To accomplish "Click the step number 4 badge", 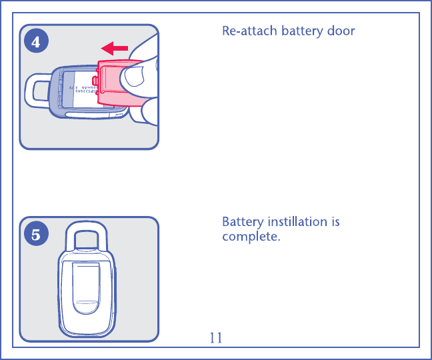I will click(x=35, y=41).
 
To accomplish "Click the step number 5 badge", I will click(x=35, y=234).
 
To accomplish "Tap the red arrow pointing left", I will click(x=114, y=48).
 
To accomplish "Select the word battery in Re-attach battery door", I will click(x=299, y=31).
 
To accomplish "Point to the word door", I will click(x=340, y=31).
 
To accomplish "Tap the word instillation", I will click(x=299, y=222).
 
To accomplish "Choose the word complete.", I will click(x=251, y=237).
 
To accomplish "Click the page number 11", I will click(x=215, y=338).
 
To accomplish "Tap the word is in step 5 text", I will click(x=335, y=222).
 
